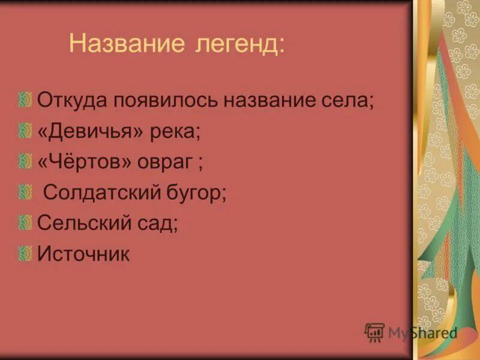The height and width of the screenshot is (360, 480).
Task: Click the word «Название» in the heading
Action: click(x=124, y=44)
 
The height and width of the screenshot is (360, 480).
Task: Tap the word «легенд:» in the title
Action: click(x=238, y=44)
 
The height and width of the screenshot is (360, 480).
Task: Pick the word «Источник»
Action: click(x=83, y=254)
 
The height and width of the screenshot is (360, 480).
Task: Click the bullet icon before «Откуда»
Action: click(x=25, y=99)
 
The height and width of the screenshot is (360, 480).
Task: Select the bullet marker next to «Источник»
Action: click(x=25, y=254)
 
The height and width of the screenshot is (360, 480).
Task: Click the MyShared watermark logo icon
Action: click(x=374, y=332)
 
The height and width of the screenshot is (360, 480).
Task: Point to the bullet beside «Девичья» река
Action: click(x=25, y=130)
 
